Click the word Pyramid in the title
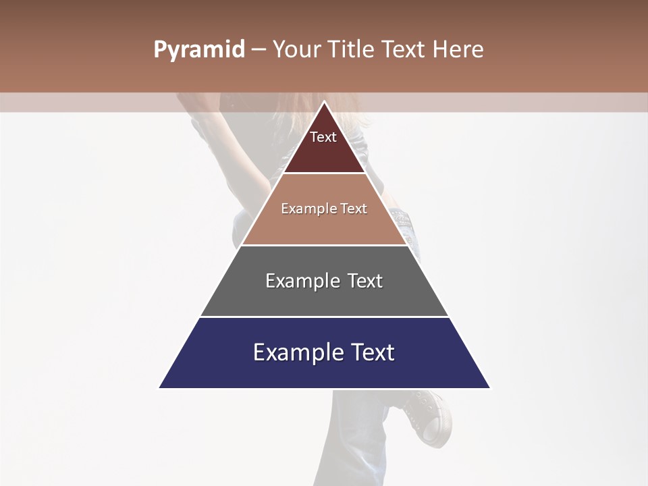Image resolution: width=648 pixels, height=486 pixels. [198, 50]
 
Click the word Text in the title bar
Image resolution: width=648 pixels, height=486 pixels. [404, 50]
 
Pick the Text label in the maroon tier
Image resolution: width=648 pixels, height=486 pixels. [323, 137]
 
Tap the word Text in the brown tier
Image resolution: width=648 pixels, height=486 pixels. [354, 209]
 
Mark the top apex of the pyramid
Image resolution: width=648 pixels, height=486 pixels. [324, 102]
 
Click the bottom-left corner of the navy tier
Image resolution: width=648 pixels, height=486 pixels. [159, 387]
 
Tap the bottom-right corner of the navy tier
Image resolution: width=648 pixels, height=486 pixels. [489, 387]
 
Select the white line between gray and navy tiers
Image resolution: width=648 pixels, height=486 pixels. [324, 317]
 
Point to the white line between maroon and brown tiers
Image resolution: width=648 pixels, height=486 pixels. [324, 173]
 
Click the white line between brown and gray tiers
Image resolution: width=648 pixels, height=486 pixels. [324, 245]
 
